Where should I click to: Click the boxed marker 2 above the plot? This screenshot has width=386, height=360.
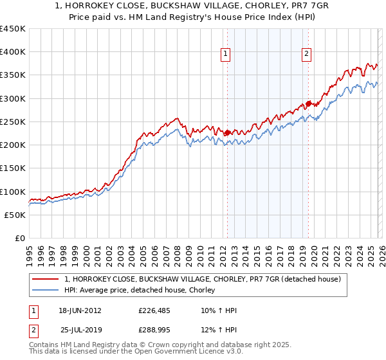click(307, 55)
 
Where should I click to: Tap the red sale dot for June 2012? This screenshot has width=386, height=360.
click(227, 133)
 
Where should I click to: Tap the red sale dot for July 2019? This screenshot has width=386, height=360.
click(308, 104)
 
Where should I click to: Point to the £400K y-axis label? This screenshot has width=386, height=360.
click(13, 52)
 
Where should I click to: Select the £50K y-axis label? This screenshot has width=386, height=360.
click(15, 215)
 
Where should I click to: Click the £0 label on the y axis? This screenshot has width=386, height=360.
click(20, 238)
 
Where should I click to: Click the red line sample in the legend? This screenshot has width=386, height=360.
click(46, 279)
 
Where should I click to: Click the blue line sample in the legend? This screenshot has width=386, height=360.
click(46, 291)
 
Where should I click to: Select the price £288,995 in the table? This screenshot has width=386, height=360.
click(155, 329)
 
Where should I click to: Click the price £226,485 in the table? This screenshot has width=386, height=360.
click(155, 310)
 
